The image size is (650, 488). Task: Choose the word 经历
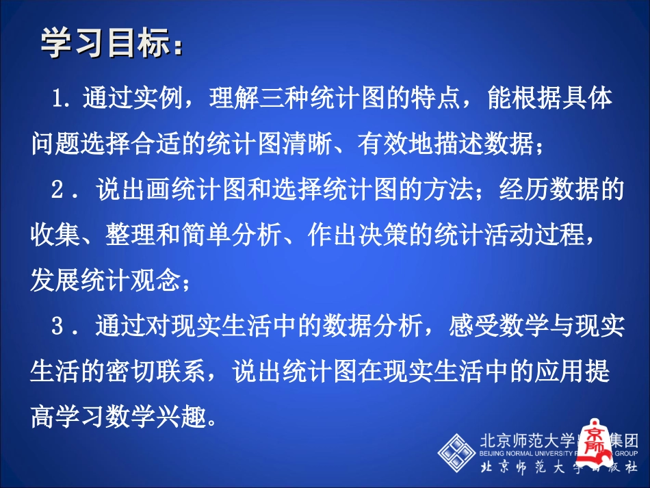click(530, 191)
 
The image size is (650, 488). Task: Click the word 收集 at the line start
click(49, 236)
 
